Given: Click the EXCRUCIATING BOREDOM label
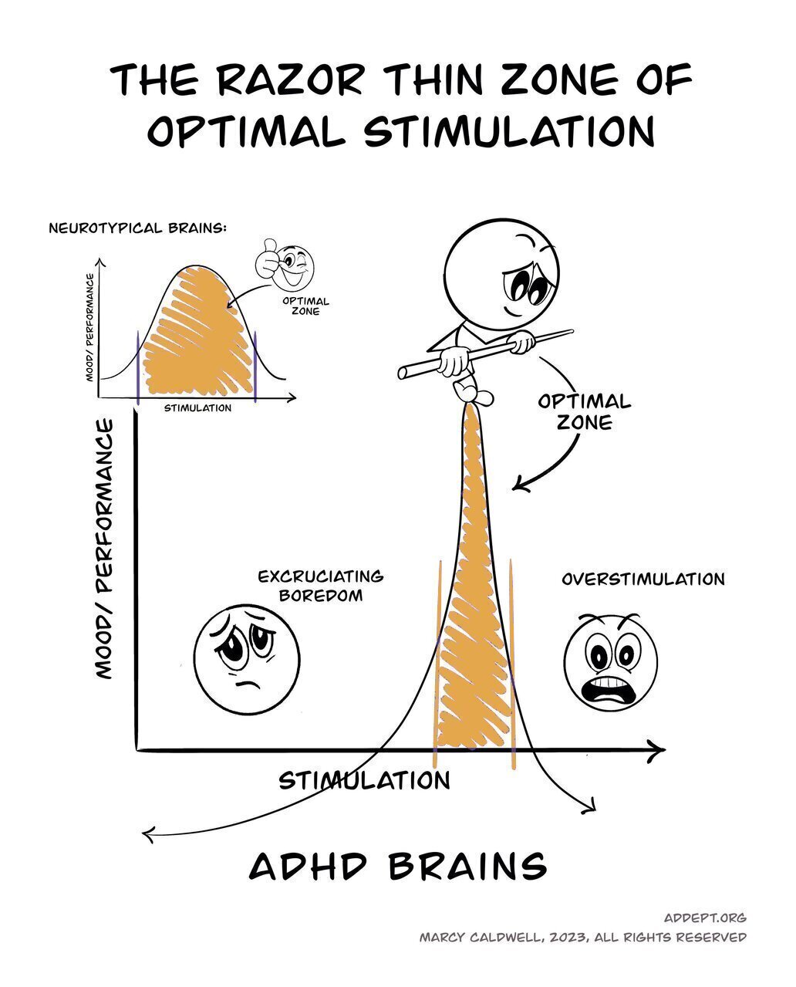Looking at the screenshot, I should click(320, 586).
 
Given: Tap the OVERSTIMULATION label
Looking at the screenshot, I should click(643, 579).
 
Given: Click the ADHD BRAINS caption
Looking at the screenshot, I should click(398, 866).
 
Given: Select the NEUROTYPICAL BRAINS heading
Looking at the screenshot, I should click(137, 228).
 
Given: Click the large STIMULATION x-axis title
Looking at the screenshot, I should click(364, 780).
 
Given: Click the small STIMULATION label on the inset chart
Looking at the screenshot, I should click(197, 407).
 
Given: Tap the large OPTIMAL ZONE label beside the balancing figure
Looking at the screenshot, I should click(584, 411).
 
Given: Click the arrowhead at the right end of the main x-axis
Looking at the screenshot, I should click(657, 749).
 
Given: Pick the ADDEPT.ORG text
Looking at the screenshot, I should click(704, 918).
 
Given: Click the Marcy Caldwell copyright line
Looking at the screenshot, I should click(582, 937).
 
